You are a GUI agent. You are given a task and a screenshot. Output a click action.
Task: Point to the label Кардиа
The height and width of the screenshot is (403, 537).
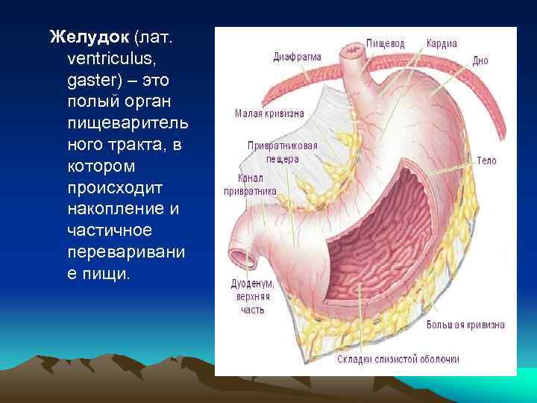[x=442, y=43]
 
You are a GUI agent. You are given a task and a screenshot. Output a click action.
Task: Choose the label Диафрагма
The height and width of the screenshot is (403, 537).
[x=297, y=56]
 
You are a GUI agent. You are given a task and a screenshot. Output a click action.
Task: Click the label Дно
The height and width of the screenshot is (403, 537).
[x=481, y=60]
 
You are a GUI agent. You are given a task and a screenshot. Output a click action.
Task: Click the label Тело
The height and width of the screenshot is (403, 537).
[x=486, y=160]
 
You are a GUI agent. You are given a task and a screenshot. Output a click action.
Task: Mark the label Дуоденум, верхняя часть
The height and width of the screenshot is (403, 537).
[x=252, y=296]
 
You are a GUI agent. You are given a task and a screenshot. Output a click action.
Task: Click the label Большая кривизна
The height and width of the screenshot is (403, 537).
[x=465, y=325]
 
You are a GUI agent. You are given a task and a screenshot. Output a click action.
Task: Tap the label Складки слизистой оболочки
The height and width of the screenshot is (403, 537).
[x=398, y=359]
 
